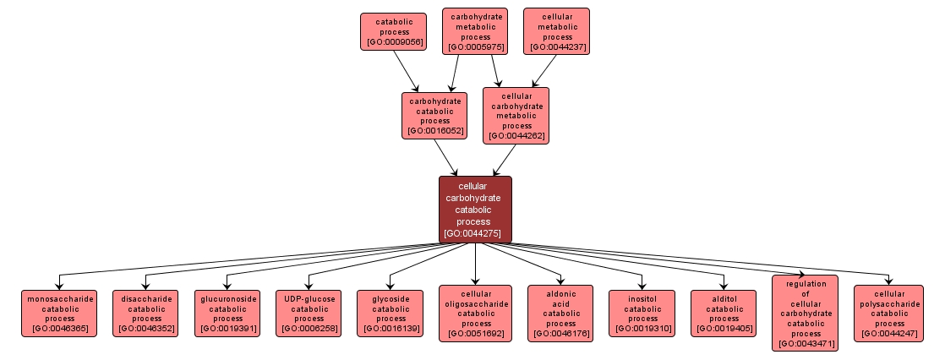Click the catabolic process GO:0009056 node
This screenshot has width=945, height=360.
point(392,31)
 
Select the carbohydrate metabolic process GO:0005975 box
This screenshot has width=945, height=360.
point(476,31)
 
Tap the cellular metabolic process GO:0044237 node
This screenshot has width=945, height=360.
point(557,31)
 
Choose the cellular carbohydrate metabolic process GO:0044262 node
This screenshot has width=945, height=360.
point(516,115)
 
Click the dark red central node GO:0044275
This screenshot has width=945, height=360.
point(475,209)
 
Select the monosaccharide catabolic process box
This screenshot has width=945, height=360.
point(59,313)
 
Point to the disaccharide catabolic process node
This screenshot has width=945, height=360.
point(146,313)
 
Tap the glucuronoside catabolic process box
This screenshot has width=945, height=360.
point(228,313)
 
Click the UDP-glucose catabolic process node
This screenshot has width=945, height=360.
point(309,313)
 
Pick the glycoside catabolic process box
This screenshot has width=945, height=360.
point(391,313)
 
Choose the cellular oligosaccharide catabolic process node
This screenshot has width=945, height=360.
point(476,313)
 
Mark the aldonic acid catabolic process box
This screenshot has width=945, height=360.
point(560,313)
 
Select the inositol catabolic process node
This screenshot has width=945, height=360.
point(642,313)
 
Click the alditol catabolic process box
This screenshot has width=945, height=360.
point(724,313)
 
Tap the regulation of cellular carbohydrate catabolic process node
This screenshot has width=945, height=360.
point(805,313)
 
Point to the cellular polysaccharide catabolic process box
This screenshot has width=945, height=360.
point(889,313)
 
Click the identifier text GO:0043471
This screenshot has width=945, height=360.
point(805,344)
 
